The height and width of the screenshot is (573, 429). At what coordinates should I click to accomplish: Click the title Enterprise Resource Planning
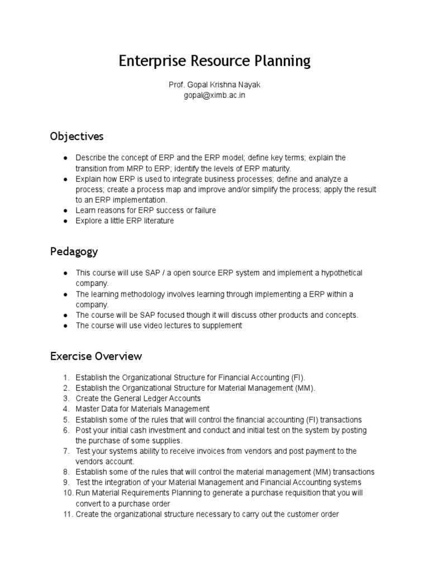[214, 61]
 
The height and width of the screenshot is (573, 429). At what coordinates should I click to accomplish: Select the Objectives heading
[77, 137]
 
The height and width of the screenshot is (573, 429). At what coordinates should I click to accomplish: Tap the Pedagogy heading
[74, 251]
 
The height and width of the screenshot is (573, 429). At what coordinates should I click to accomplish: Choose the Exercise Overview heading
[96, 356]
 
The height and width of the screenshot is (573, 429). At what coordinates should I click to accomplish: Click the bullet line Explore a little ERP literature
[125, 221]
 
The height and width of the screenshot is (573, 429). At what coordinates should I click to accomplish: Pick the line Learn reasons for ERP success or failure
[146, 210]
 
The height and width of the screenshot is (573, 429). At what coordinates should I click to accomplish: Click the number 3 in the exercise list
[65, 398]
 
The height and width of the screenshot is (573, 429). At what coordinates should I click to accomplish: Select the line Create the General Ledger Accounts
[138, 398]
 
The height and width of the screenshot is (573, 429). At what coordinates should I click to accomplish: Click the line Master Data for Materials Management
[142, 409]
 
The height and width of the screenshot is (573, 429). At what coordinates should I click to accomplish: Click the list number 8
[65, 472]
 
